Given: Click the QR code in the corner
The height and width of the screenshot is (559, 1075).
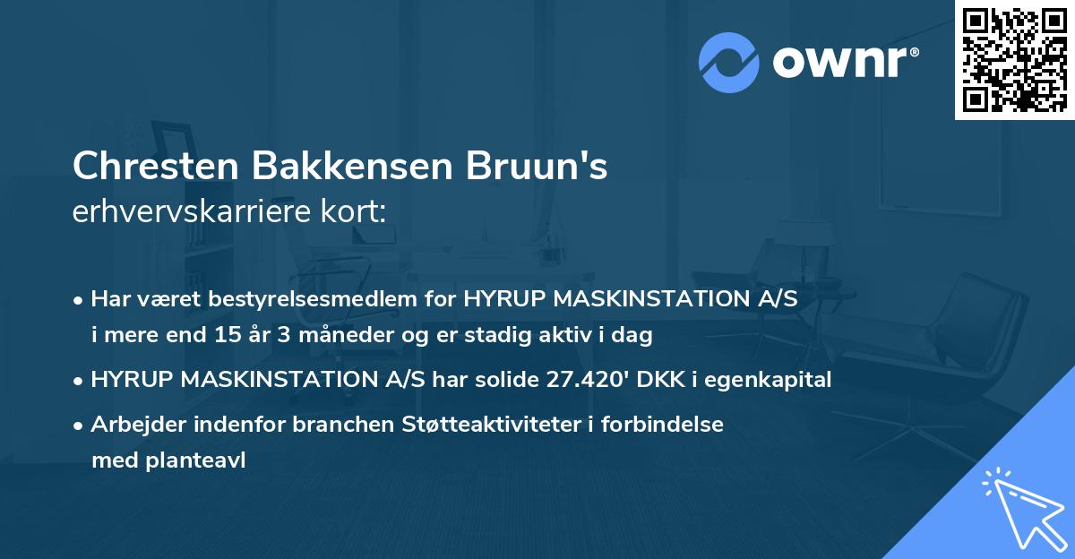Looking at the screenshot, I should pyautogui.click(x=1015, y=60).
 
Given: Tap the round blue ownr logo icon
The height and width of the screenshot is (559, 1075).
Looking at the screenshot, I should pyautogui.click(x=728, y=63).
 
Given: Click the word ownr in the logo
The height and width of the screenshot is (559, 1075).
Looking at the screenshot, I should pyautogui.click(x=845, y=63).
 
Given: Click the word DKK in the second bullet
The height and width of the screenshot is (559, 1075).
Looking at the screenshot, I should pyautogui.click(x=658, y=380).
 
